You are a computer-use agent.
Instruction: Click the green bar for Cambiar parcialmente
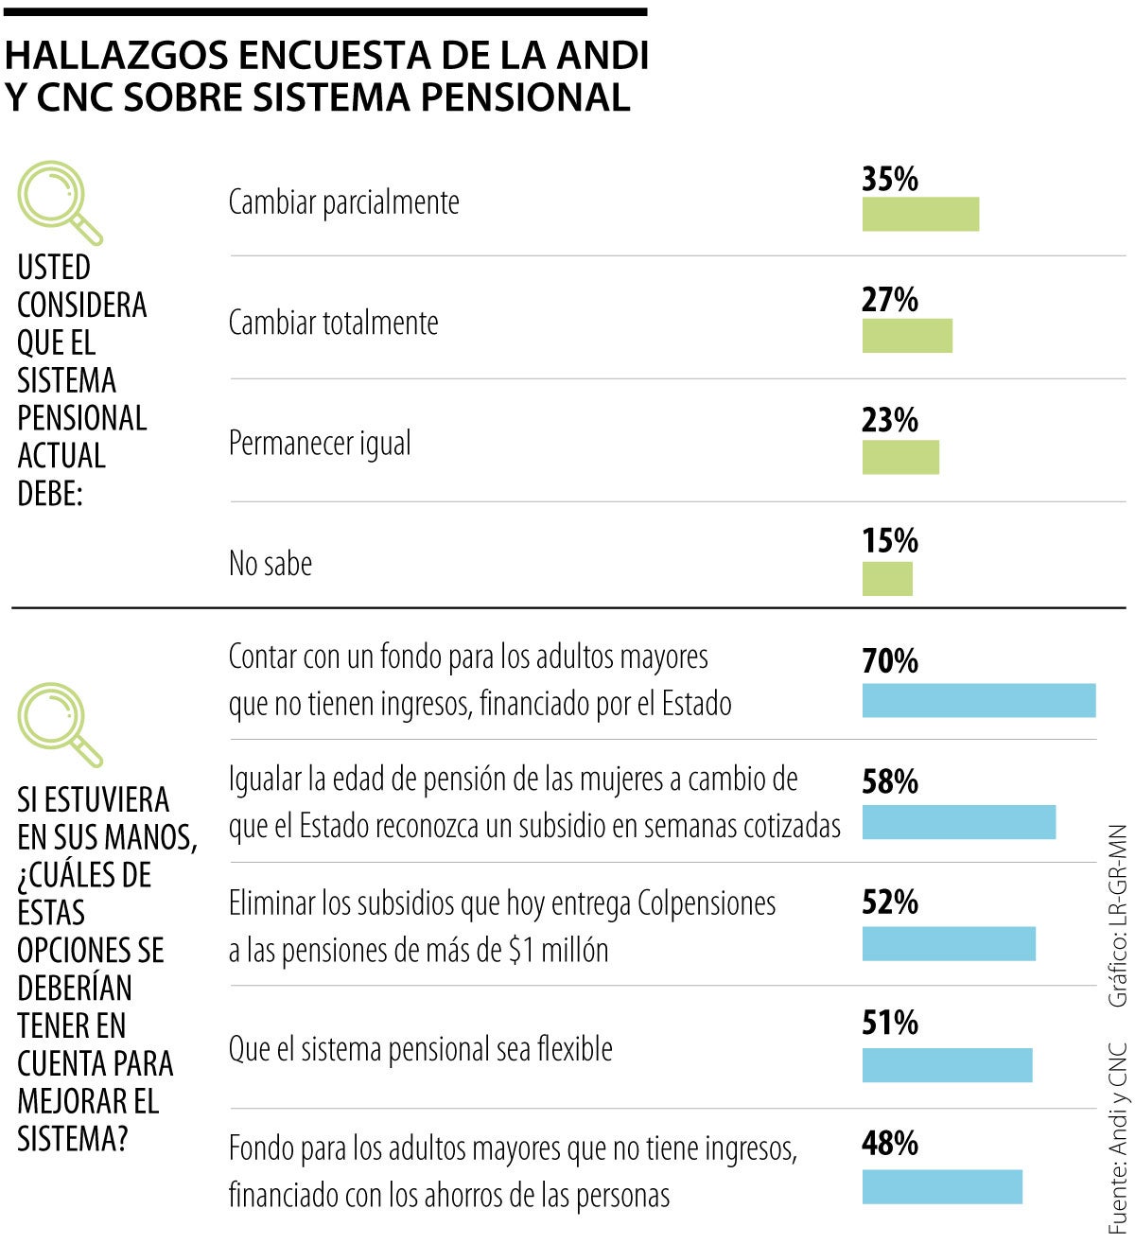click(x=919, y=214)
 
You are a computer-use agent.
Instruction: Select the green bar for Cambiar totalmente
click(x=906, y=335)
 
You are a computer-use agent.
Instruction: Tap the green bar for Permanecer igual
click(x=899, y=457)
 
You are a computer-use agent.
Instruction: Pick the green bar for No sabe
click(x=886, y=578)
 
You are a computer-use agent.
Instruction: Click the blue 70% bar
click(x=978, y=700)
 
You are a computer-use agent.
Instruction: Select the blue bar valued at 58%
click(x=958, y=822)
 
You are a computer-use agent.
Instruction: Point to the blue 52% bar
click(x=948, y=943)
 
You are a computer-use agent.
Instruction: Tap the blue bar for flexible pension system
click(x=946, y=1064)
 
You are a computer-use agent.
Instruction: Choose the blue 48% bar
click(x=941, y=1186)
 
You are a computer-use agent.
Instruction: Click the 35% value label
click(x=889, y=179)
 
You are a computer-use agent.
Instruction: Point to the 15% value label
click(x=889, y=541)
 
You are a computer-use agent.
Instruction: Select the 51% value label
click(x=889, y=1024)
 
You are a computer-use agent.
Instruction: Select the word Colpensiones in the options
click(x=706, y=903)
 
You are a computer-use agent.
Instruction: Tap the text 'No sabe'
click(x=271, y=564)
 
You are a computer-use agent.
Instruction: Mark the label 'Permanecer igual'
click(x=320, y=443)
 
